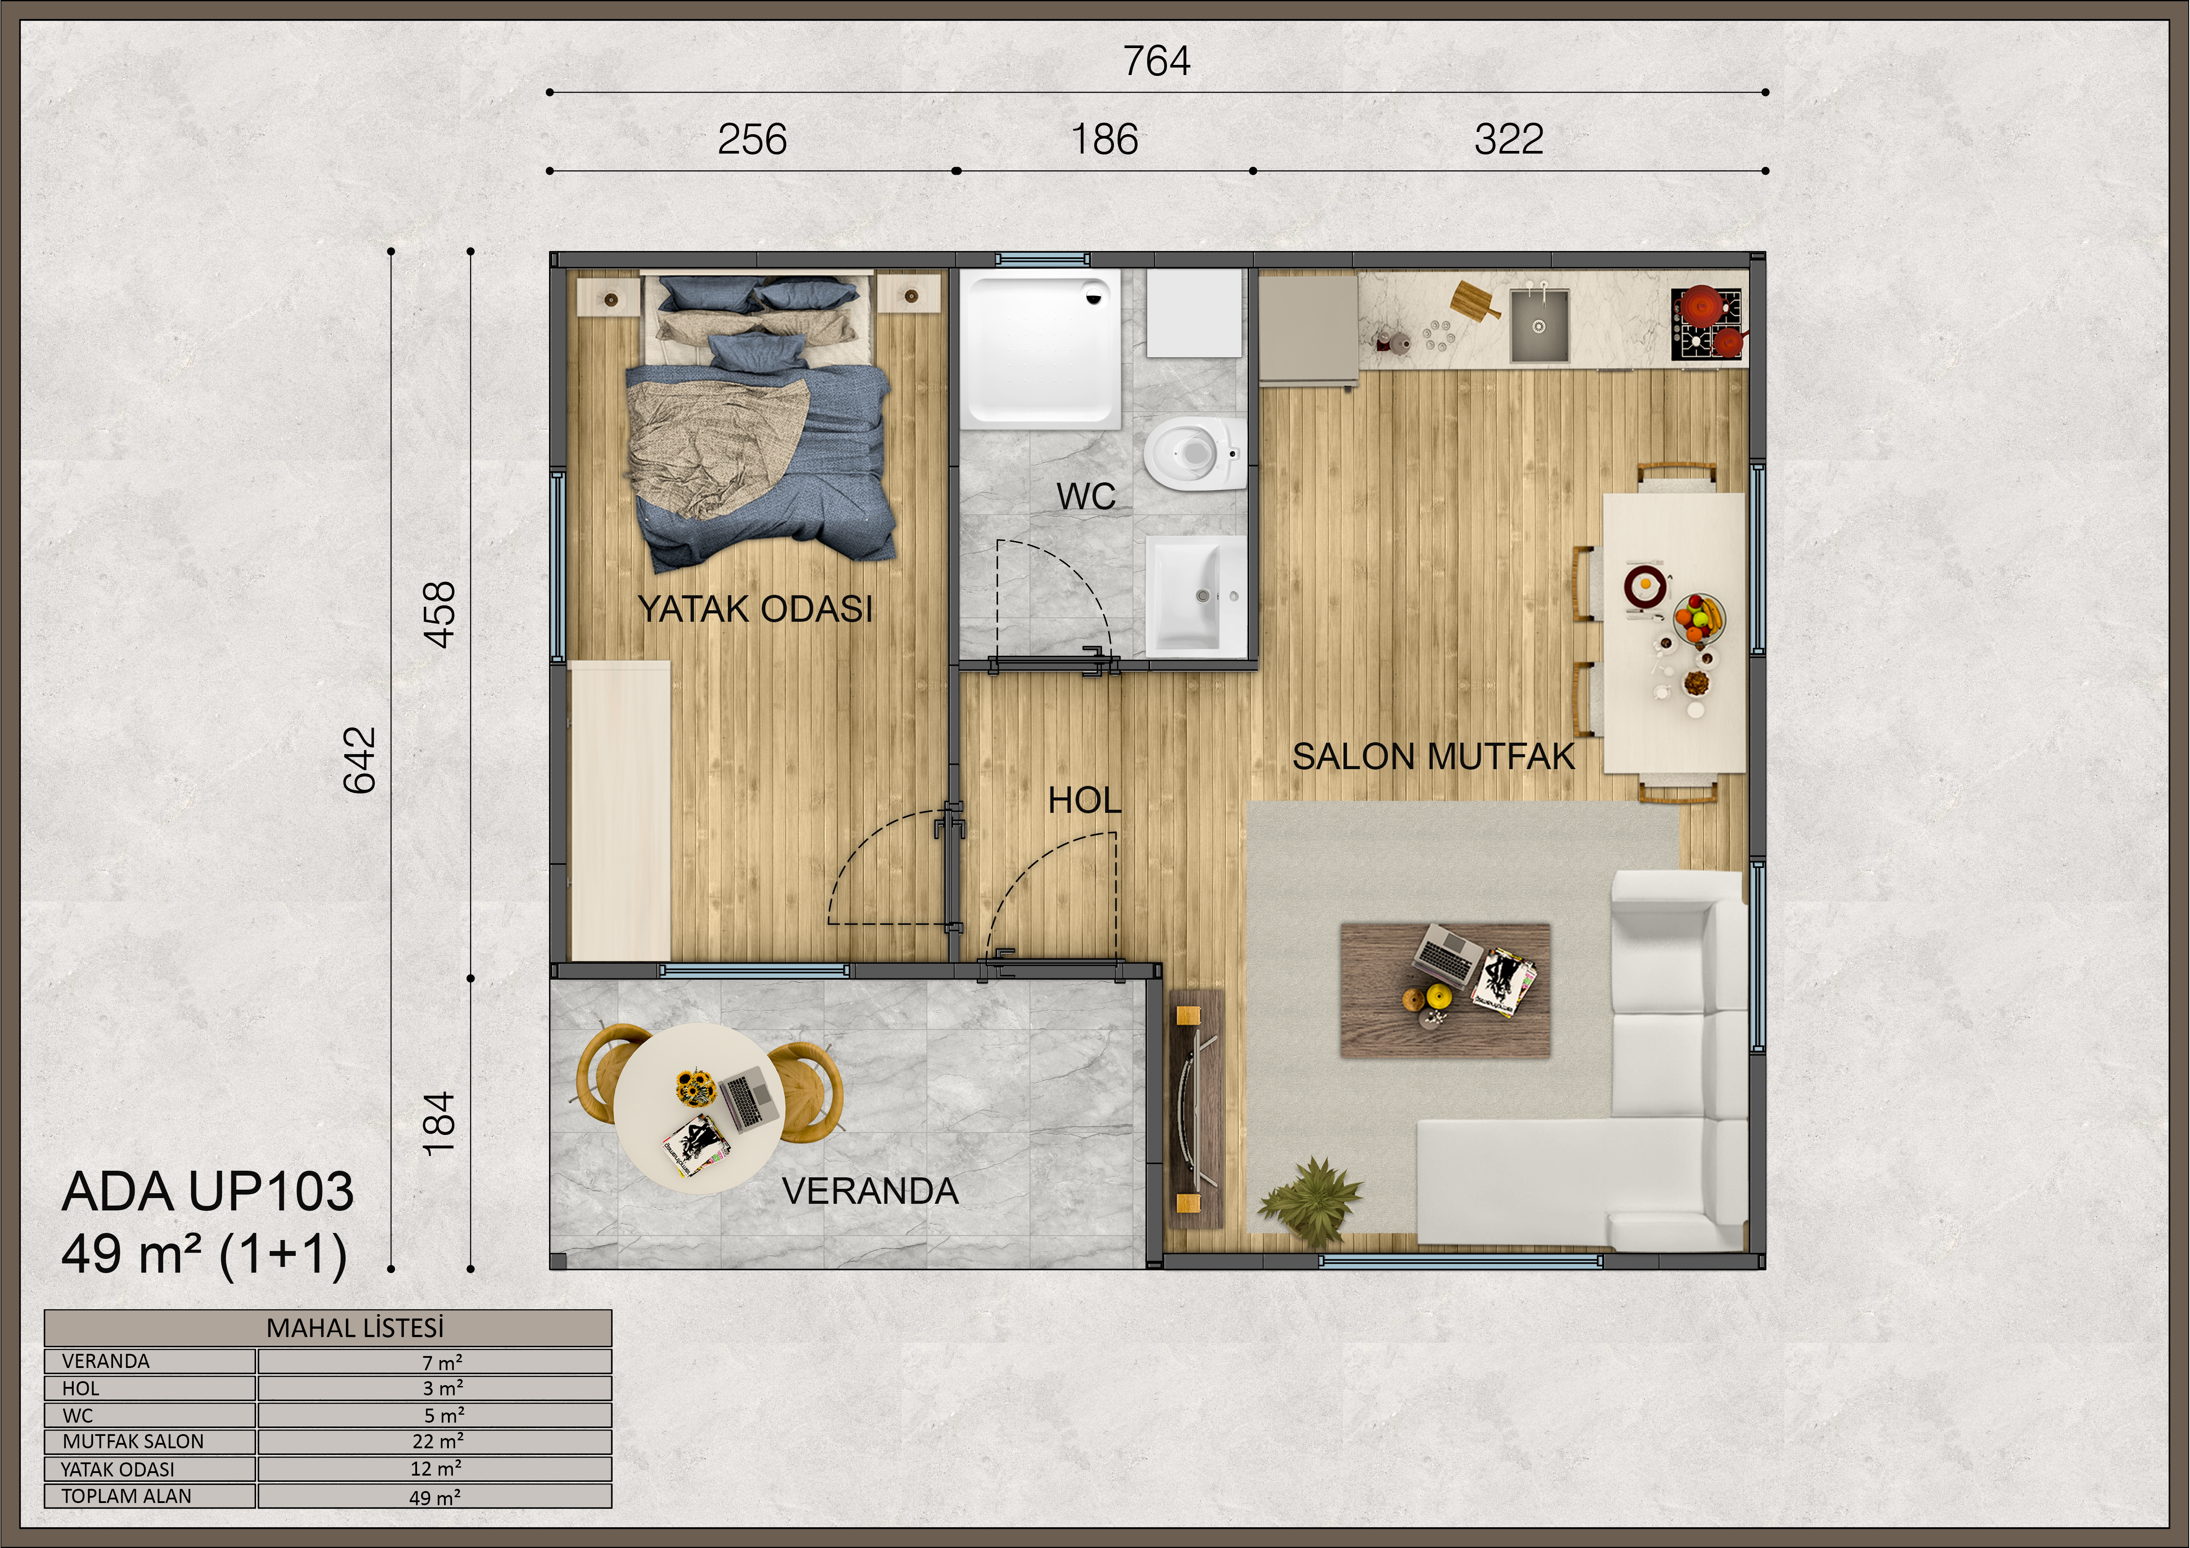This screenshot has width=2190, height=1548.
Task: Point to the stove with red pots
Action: [1706, 324]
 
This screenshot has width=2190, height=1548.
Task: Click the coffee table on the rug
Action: [1445, 989]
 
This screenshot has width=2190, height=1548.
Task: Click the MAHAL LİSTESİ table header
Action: [355, 1328]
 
